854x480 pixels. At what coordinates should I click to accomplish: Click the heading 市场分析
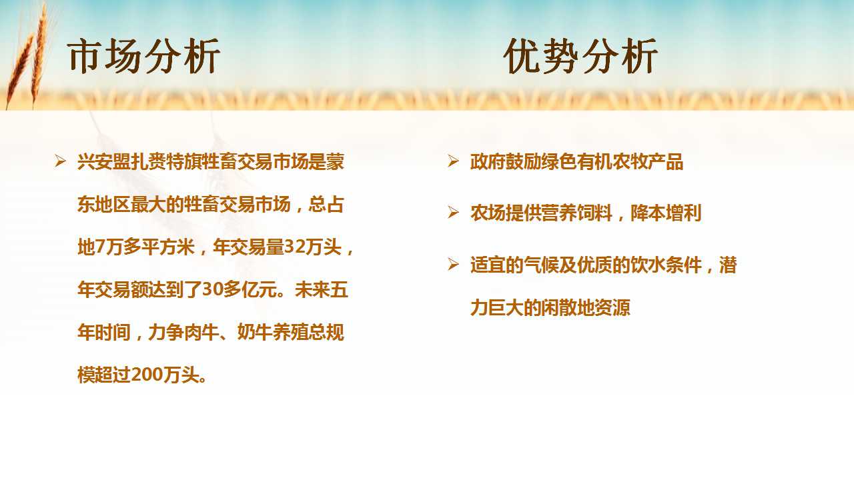[143, 56]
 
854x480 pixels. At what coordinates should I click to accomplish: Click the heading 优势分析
[580, 56]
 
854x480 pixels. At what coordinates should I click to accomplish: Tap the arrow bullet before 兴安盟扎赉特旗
[60, 161]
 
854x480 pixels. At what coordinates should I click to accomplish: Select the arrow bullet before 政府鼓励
[453, 161]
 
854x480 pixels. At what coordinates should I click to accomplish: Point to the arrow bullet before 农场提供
[453, 212]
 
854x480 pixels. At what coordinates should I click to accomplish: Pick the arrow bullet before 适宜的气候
[453, 265]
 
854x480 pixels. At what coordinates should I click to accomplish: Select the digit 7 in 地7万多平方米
[100, 247]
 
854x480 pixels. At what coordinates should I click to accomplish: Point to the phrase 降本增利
[666, 213]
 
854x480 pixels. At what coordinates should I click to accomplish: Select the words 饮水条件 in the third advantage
[666, 265]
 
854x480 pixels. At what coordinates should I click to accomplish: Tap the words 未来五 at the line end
[321, 289]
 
